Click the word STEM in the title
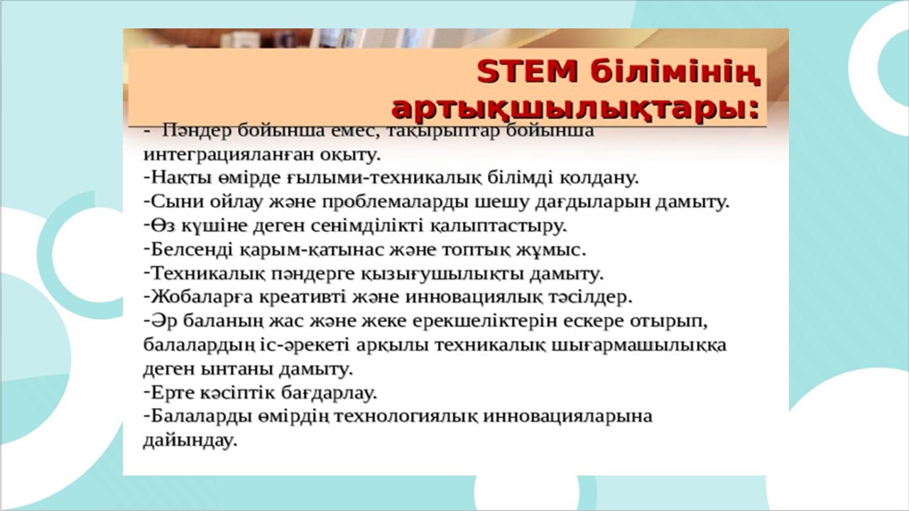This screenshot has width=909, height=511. (527, 72)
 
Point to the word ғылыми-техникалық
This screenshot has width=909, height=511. (385, 178)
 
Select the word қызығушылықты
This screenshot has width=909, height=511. (442, 274)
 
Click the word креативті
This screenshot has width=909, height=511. (303, 297)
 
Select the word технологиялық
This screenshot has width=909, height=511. (407, 416)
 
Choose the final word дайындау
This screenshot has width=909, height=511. (190, 441)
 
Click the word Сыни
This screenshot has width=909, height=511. (178, 202)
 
